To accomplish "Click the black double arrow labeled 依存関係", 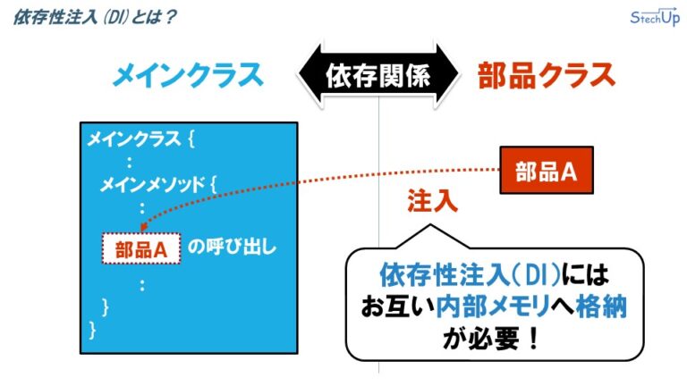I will [377, 75].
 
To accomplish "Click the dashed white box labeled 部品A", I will [141, 249].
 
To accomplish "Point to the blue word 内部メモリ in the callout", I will [484, 306].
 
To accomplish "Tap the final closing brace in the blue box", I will [91, 330].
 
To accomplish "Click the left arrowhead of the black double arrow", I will [305, 75].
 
